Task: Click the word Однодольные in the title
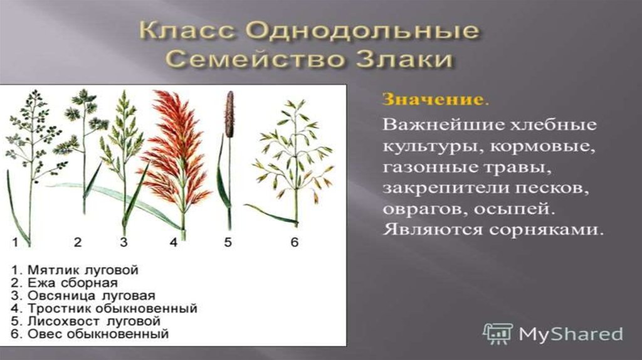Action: [363, 31]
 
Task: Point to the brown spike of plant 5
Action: [229, 114]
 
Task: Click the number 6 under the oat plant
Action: [295, 242]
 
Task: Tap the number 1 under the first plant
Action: [15, 242]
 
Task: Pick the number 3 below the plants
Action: [124, 242]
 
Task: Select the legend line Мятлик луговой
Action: [75, 270]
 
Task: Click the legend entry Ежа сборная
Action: [65, 283]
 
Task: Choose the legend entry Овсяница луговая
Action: [83, 295]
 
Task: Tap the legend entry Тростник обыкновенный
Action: [104, 308]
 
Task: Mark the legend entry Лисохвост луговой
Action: [85, 321]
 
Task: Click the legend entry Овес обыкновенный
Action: [90, 334]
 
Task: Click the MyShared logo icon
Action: [497, 334]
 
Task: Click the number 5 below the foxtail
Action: [228, 242]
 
